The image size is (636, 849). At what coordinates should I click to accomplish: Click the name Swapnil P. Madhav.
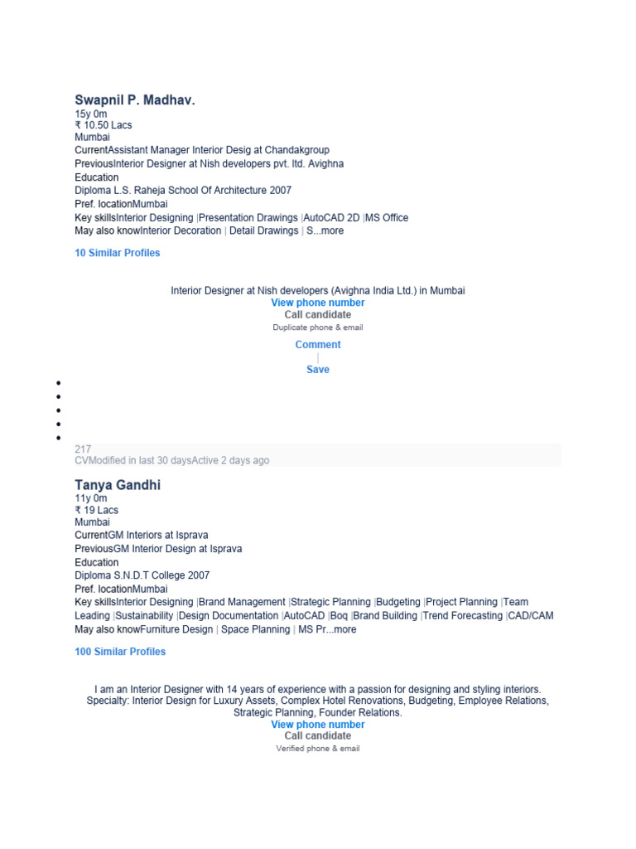point(135,100)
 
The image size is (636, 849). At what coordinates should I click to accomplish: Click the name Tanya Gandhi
point(118,485)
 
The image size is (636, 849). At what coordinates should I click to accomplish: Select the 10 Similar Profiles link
point(118,253)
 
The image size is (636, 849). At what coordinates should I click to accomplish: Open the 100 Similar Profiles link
point(120,652)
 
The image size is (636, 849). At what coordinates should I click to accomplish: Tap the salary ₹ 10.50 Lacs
point(104,125)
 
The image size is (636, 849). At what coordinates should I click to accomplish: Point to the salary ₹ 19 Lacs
point(97,510)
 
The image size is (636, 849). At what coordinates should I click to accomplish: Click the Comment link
point(318,345)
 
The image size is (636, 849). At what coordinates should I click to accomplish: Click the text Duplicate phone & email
point(318,327)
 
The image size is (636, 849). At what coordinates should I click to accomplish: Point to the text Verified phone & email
point(318,749)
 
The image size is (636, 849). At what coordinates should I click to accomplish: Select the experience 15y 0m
point(91,114)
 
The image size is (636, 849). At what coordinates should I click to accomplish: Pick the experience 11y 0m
point(91,498)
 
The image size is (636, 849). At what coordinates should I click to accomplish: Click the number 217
point(83,449)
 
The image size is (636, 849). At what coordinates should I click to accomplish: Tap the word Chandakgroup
point(297,150)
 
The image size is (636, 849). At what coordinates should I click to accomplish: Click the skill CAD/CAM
point(531,616)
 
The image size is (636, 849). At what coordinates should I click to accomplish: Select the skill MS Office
point(387,218)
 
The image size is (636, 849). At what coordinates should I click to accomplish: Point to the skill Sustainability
point(145,616)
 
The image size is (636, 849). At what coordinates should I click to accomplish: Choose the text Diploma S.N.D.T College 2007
point(142,575)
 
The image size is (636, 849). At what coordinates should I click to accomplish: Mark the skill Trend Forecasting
point(463,616)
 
